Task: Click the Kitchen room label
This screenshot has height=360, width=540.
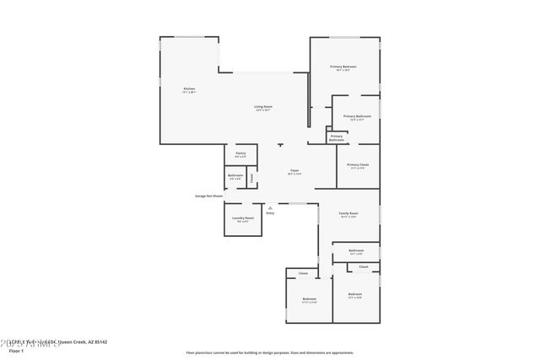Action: click(x=189, y=90)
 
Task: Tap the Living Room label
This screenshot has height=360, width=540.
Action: click(x=263, y=108)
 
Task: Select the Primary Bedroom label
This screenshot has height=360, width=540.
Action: click(x=343, y=67)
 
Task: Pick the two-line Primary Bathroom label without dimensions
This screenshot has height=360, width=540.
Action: click(x=336, y=137)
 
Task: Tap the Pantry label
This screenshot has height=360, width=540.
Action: click(x=240, y=154)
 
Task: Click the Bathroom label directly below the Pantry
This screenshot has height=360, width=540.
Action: click(x=235, y=177)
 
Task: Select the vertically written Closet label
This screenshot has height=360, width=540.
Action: click(x=251, y=179)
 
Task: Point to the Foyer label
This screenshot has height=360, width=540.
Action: click(x=295, y=171)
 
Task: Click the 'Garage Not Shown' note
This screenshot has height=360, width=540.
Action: click(x=208, y=196)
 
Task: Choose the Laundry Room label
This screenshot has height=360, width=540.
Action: click(x=243, y=219)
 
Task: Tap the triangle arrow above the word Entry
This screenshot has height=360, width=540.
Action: click(x=270, y=207)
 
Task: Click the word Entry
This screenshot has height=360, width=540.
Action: click(x=270, y=213)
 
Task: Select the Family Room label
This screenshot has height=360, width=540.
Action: click(x=348, y=215)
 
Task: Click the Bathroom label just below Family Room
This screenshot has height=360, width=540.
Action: click(x=356, y=251)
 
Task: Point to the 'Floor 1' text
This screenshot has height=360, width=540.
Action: click(x=15, y=351)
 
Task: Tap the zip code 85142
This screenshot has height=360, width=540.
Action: click(x=100, y=342)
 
